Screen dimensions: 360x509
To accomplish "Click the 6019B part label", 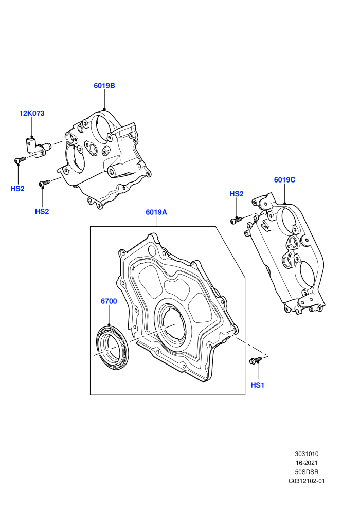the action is pyautogui.click(x=104, y=86).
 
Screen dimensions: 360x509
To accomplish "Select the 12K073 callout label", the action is pyautogui.click(x=32, y=113).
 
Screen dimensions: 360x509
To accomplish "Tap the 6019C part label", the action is pyautogui.click(x=285, y=180).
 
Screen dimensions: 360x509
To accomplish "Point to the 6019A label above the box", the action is pyautogui.click(x=156, y=212).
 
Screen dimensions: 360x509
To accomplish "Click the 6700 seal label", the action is pyautogui.click(x=109, y=301).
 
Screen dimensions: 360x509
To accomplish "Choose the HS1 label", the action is pyautogui.click(x=258, y=385).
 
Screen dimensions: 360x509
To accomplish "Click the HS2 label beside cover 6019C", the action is pyautogui.click(x=237, y=194).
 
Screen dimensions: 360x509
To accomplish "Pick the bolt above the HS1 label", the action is pyautogui.click(x=256, y=360).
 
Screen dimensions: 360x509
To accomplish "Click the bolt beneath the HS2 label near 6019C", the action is pyautogui.click(x=236, y=221).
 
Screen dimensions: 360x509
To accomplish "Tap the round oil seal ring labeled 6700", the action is pyautogui.click(x=112, y=348).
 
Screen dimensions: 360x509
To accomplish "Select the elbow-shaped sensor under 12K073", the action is pyautogui.click(x=36, y=148).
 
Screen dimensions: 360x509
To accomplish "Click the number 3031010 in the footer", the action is pyautogui.click(x=307, y=454).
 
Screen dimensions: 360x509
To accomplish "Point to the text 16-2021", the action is pyautogui.click(x=307, y=463).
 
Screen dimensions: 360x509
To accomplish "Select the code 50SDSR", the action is pyautogui.click(x=307, y=472).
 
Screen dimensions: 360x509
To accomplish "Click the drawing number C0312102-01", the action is pyautogui.click(x=307, y=481).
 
